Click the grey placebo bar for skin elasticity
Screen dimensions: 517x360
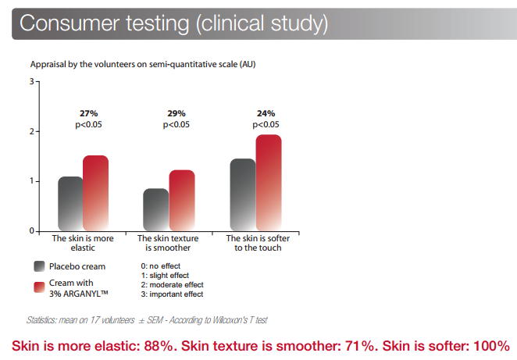[70, 203]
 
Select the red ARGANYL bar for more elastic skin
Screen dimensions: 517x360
[95, 193]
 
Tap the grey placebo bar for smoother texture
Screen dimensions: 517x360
[156, 209]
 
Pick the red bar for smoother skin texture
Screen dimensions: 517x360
[182, 200]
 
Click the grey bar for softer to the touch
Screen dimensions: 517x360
[243, 194]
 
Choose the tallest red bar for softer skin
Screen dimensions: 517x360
[269, 183]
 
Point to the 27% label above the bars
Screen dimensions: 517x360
[89, 113]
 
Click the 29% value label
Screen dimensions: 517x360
[176, 113]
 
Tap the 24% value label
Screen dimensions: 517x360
[266, 113]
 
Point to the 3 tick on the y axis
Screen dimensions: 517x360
[32, 81]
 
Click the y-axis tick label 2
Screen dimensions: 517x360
[32, 131]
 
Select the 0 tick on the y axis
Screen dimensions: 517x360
[32, 231]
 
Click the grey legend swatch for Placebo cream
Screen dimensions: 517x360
[39, 266]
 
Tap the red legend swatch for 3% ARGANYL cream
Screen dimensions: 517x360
[39, 287]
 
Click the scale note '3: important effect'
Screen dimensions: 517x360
[172, 294]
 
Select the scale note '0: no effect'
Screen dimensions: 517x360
[161, 266]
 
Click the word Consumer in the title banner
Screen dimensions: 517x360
[70, 23]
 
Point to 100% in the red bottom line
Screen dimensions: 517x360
[491, 346]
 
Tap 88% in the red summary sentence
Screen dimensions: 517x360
[159, 346]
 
